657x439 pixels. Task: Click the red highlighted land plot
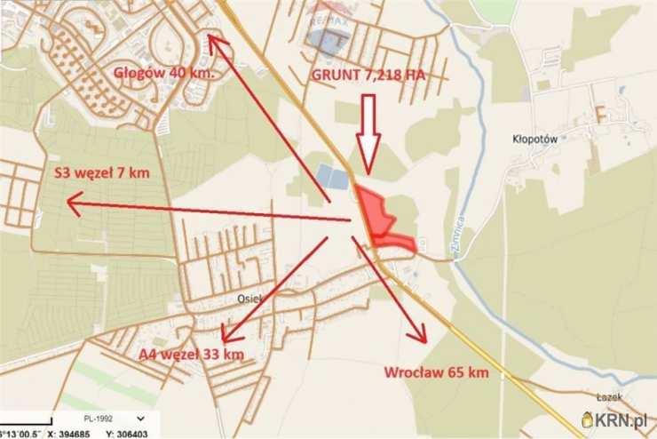[379, 218]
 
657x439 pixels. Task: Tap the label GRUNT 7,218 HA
[368, 76]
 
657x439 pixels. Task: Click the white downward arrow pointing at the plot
[368, 133]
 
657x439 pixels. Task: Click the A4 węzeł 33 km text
[191, 355]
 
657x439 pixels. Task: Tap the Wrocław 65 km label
[436, 372]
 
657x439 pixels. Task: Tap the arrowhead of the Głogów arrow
[212, 39]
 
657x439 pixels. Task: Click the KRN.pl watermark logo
[613, 419]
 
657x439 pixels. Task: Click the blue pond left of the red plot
[333, 177]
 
